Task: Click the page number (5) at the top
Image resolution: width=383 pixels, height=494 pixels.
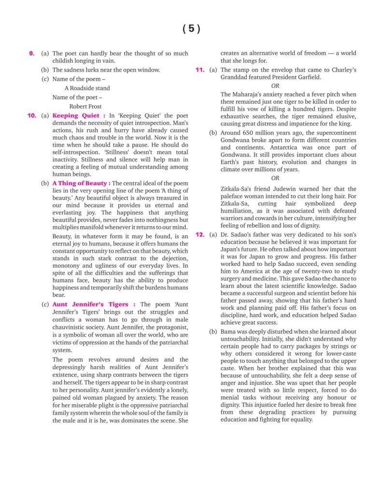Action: click(x=191, y=29)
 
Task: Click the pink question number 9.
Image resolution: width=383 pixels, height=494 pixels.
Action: click(x=32, y=54)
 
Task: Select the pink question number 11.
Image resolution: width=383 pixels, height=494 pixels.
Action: click(x=200, y=69)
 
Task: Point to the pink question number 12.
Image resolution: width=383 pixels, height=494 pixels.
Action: click(x=200, y=234)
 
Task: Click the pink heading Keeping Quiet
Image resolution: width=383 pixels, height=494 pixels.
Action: click(x=76, y=116)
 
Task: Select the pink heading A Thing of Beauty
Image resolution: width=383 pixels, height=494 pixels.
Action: click(x=81, y=183)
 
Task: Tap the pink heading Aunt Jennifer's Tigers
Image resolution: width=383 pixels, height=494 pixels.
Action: click(x=90, y=304)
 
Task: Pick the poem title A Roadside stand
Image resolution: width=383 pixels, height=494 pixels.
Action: click(x=87, y=88)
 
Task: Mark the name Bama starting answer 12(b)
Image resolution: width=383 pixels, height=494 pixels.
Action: click(x=229, y=332)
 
